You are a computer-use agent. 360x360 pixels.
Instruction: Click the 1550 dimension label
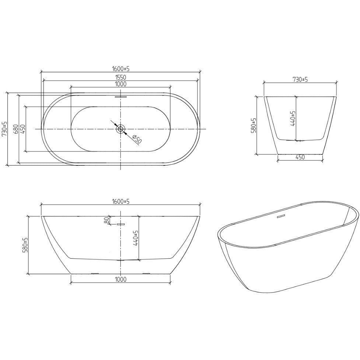(x=121, y=77)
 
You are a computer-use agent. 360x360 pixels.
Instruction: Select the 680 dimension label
(x=15, y=129)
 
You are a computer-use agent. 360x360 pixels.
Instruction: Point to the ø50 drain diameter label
(x=137, y=139)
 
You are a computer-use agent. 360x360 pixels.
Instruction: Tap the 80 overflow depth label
(x=106, y=220)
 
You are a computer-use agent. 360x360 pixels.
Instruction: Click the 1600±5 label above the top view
(x=121, y=69)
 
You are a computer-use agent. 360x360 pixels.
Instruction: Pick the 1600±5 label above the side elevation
(x=121, y=201)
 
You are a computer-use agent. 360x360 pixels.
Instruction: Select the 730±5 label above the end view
(x=300, y=80)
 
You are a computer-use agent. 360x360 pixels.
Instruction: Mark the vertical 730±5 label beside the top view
(x=4, y=129)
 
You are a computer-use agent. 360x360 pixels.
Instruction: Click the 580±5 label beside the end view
(x=254, y=126)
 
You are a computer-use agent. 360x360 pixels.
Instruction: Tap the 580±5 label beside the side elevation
(x=25, y=245)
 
